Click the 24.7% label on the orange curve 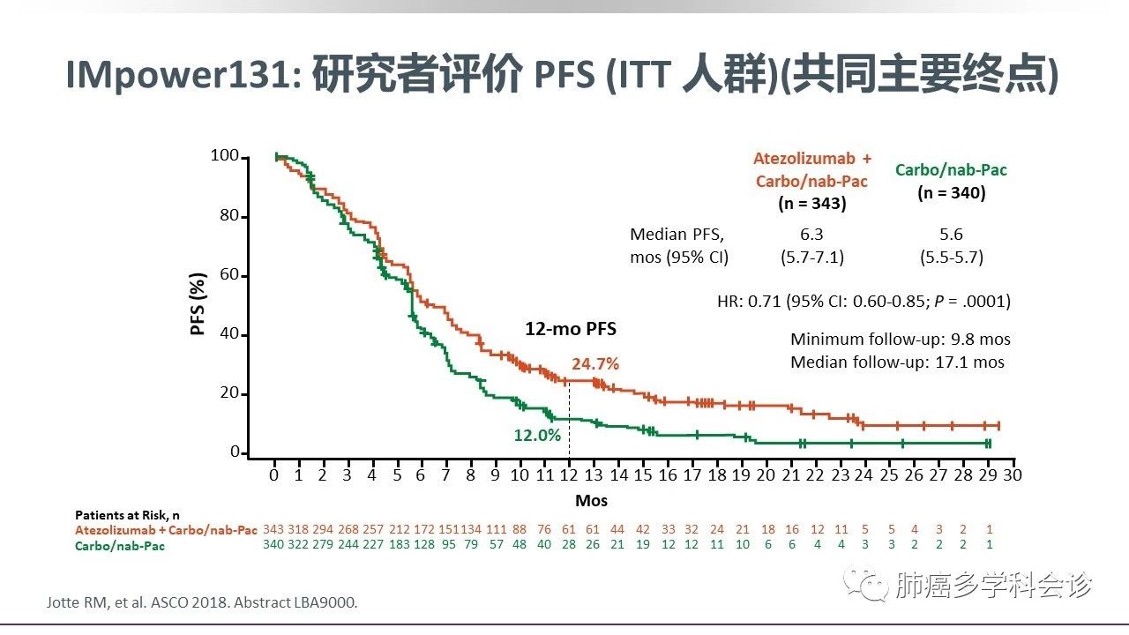pyautogui.click(x=595, y=363)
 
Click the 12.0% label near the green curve pyautogui.click(x=537, y=435)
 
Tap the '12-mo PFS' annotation pyautogui.click(x=571, y=329)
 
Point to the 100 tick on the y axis pyautogui.click(x=225, y=157)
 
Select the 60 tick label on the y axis pyautogui.click(x=228, y=275)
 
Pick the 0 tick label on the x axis pyautogui.click(x=274, y=475)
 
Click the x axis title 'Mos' pyautogui.click(x=591, y=500)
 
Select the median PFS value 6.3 pyautogui.click(x=811, y=235)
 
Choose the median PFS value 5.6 pyautogui.click(x=951, y=235)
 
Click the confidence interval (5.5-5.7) pyautogui.click(x=951, y=258)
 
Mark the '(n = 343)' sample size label pyautogui.click(x=811, y=203)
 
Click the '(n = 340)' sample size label pyautogui.click(x=951, y=192)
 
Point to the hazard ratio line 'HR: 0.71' pyautogui.click(x=864, y=302)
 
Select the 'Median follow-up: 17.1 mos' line pyautogui.click(x=897, y=362)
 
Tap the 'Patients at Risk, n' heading pyautogui.click(x=127, y=514)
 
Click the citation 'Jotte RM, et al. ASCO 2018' pyautogui.click(x=202, y=602)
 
